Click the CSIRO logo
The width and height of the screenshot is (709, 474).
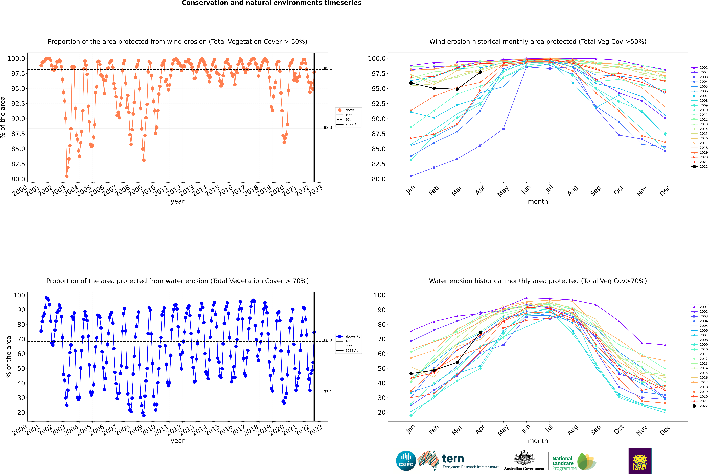406,461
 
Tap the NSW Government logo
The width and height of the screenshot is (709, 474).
640,461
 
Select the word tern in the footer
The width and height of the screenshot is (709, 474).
453,459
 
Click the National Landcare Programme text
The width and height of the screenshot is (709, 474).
563,463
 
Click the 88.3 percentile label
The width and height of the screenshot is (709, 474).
328,128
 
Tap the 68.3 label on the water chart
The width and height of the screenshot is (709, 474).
328,340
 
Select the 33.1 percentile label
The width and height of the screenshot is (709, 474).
328,392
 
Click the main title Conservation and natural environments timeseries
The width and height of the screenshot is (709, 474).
271,3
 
